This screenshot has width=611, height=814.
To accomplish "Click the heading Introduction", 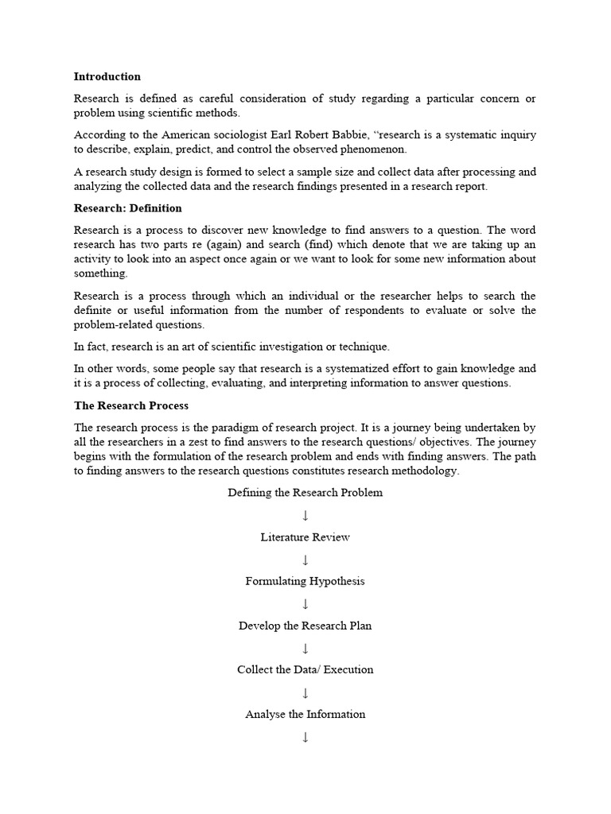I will (107, 76).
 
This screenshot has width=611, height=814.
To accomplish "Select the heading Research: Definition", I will (127, 208).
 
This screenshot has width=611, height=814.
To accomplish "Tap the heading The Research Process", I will (130, 405).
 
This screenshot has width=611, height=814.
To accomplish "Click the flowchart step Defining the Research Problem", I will (305, 493).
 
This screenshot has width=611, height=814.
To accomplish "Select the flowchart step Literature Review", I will (305, 537).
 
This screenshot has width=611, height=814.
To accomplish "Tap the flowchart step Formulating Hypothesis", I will (305, 581).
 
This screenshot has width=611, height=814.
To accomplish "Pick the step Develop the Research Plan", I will (305, 626).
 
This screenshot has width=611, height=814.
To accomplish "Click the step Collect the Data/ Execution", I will (305, 669).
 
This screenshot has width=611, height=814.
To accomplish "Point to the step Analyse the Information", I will (305, 714).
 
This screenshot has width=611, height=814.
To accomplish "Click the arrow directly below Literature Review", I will (305, 560).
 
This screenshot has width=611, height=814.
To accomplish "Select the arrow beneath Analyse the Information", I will (305, 737).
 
